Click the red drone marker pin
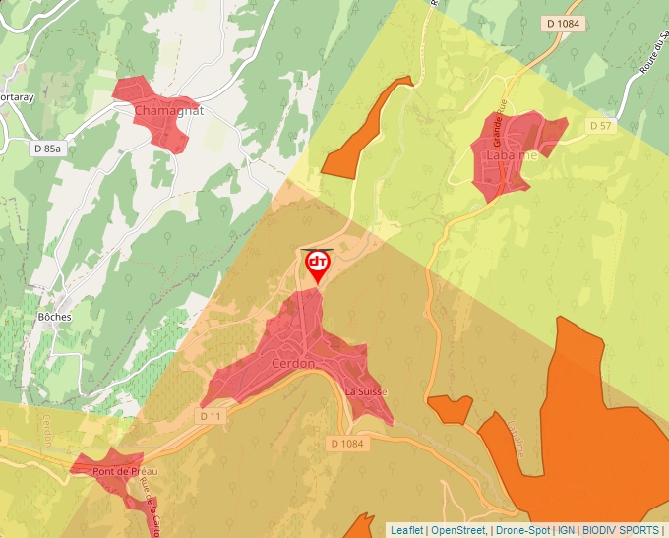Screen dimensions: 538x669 click(x=318, y=264)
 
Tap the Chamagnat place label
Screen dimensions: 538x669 click(x=168, y=111)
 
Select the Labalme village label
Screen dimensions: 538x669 click(x=513, y=155)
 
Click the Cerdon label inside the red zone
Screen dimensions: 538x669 click(x=292, y=364)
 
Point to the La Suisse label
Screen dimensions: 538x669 click(x=366, y=391)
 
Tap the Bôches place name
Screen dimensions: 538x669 click(x=54, y=317)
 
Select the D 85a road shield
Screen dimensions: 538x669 click(x=46, y=149)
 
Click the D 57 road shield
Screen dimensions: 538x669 click(x=600, y=126)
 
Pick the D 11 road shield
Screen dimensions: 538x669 click(x=212, y=416)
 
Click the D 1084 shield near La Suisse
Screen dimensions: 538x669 click(x=346, y=444)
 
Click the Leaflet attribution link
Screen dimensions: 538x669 click(x=406, y=530)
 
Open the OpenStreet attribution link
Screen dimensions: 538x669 click(x=458, y=530)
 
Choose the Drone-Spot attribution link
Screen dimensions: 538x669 click(x=522, y=530)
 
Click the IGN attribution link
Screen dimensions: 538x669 click(x=566, y=530)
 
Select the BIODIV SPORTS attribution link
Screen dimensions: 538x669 click(x=620, y=530)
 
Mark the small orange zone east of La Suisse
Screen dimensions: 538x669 click(x=451, y=407)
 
